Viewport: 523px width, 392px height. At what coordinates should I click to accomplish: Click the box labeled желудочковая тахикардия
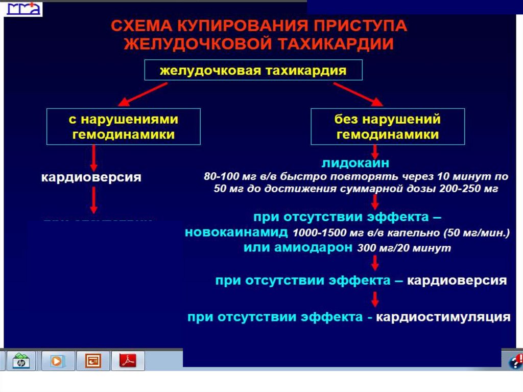(253, 70)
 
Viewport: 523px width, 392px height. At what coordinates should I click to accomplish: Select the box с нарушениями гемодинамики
(123, 126)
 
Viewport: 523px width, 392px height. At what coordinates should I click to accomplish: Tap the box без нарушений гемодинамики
(388, 126)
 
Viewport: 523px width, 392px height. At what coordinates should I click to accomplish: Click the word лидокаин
(355, 163)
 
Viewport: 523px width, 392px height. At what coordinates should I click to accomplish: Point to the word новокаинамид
(237, 233)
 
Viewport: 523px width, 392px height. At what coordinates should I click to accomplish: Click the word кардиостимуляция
(443, 317)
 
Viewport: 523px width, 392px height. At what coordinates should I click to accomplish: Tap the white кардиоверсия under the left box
(91, 178)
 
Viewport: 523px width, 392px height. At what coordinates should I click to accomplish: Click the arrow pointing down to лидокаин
(375, 151)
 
